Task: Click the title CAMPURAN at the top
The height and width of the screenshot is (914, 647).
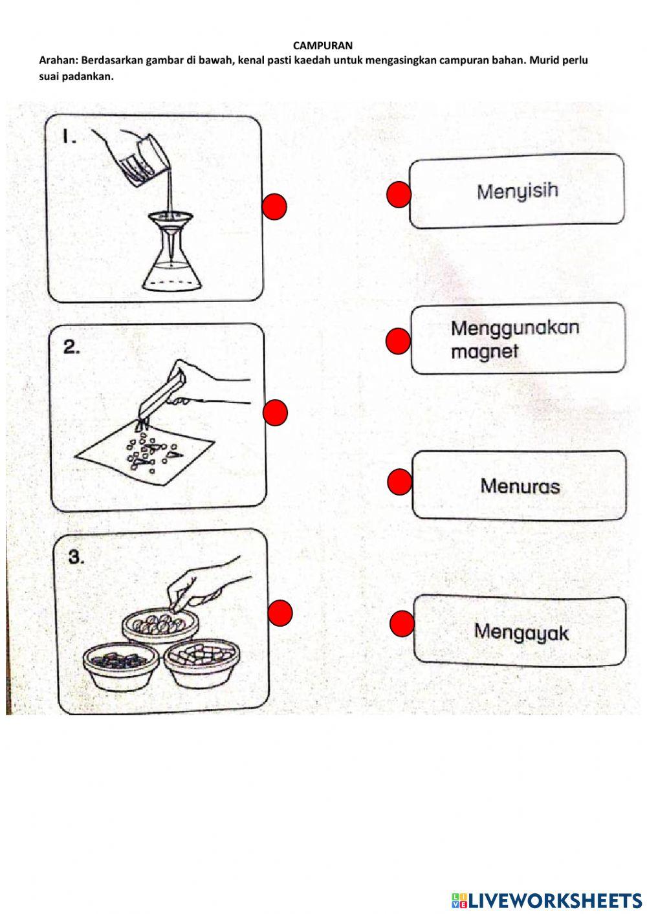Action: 323,45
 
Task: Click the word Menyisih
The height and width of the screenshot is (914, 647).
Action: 517,191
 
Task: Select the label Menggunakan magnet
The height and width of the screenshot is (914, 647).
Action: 514,339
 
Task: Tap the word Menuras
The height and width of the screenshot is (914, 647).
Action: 520,486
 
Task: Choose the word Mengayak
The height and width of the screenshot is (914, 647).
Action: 521,631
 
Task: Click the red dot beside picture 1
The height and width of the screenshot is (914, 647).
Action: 274,206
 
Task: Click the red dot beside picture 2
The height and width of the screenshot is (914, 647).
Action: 275,413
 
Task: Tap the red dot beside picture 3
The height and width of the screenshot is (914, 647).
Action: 280,613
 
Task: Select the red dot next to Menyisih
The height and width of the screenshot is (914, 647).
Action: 399,195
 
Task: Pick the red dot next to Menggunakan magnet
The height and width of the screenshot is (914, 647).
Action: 398,341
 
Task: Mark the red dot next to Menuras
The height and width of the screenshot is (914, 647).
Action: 399,483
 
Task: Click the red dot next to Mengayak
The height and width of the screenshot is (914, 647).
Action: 402,623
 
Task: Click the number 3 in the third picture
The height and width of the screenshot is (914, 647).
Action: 76,557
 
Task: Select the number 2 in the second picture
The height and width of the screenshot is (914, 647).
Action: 71,347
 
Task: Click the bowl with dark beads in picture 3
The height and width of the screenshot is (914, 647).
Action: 120,665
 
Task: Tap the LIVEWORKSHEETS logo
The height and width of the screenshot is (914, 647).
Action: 546,900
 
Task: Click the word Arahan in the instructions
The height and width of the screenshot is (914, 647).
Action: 58,61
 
